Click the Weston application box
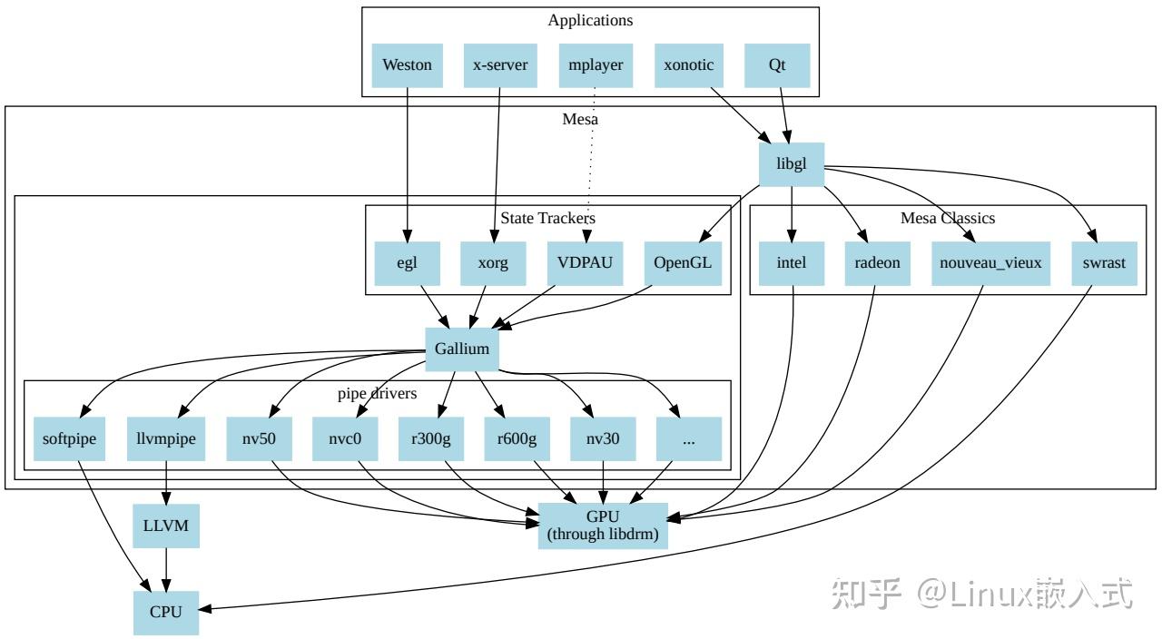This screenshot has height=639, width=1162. click(407, 65)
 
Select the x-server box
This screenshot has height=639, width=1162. click(500, 65)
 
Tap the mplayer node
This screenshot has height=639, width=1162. click(595, 65)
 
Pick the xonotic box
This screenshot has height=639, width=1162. click(688, 65)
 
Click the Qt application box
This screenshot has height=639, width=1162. click(777, 65)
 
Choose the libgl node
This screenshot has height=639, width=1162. click(792, 164)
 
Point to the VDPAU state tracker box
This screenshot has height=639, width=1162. click(585, 263)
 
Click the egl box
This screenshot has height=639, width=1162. click(407, 263)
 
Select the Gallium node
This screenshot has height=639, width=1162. click(461, 349)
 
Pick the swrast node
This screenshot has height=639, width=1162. click(1103, 263)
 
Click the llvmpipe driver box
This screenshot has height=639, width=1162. click(166, 439)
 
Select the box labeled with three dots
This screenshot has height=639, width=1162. click(688, 439)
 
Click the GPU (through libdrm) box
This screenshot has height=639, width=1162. click(603, 526)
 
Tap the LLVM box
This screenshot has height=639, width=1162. click(166, 526)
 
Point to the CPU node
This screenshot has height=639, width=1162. click(166, 612)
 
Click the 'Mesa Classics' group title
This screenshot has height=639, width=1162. click(947, 218)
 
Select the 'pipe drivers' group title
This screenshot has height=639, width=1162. click(377, 394)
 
